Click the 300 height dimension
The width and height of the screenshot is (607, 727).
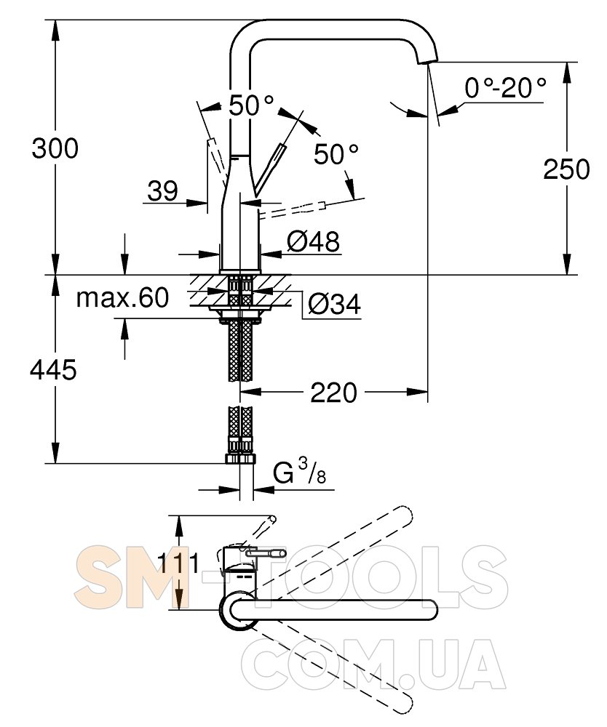pos(55,149)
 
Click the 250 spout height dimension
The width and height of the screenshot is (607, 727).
pos(567,169)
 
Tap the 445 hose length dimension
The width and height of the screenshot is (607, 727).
pos(53,370)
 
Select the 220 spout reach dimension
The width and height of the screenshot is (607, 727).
pos(333,393)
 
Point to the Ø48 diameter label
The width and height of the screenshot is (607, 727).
pos(313,241)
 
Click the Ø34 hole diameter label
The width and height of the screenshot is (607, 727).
pos(335,305)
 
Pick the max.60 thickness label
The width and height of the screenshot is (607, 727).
pos(122,297)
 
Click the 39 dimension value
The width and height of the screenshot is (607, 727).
pos(162,190)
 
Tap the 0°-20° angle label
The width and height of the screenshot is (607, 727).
pos(506,87)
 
